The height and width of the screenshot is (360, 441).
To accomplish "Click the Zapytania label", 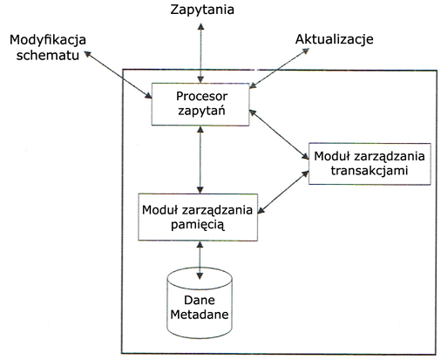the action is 202,10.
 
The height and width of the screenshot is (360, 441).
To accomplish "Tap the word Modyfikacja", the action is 48,40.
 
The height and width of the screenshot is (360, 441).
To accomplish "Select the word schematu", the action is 48,55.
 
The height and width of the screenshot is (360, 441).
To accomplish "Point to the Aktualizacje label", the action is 335,39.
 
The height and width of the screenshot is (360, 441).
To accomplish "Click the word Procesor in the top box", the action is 202,96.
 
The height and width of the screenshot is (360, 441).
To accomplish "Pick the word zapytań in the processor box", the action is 201,111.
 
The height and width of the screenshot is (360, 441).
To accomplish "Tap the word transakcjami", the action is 370,171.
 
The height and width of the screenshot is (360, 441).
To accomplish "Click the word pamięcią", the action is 198,225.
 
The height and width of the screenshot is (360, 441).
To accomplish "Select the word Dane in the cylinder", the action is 200,300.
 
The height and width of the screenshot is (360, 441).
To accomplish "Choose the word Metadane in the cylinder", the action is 200,315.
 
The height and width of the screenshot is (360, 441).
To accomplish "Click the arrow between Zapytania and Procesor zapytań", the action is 200,53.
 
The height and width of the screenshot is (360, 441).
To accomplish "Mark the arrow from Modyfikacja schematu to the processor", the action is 119,75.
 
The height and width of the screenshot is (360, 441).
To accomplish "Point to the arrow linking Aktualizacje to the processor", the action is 280,68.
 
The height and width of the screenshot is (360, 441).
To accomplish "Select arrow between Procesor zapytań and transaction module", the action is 279,134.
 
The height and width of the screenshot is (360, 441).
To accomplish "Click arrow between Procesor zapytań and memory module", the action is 200,160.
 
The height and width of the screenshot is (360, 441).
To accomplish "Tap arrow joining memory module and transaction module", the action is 283,193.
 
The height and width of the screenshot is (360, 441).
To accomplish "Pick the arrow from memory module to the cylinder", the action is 200,261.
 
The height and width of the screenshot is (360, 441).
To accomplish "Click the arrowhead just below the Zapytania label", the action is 200,26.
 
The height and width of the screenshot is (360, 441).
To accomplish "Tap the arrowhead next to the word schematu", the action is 88,54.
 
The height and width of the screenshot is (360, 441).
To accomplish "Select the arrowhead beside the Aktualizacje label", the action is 306,51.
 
